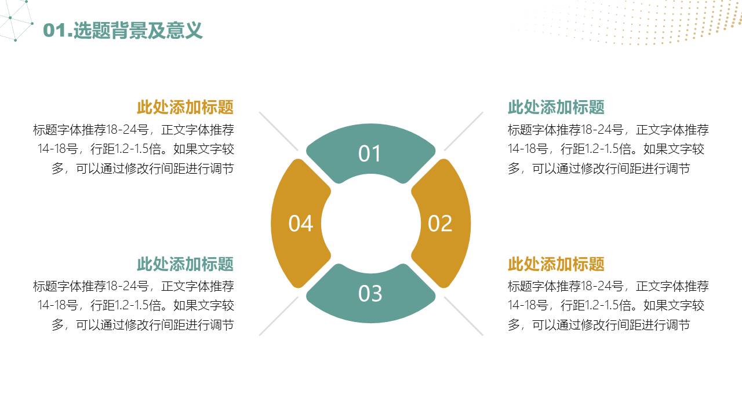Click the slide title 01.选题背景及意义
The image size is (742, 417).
[123, 30]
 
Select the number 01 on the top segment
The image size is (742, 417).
[370, 154]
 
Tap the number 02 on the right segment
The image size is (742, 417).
[439, 224]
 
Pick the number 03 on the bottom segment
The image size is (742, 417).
[370, 294]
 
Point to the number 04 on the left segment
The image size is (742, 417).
[301, 224]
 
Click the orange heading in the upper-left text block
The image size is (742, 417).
[185, 107]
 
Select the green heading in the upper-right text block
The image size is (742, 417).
[556, 107]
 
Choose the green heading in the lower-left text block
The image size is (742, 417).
[185, 264]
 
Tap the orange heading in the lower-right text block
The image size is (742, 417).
[556, 264]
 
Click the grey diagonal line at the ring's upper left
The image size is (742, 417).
[278, 131]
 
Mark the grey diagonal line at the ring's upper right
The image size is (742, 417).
[463, 131]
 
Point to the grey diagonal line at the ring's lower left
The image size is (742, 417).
[278, 316]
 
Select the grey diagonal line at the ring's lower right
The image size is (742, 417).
[463, 316]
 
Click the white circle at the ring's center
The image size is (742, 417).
[370, 224]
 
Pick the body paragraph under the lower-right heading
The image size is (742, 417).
[608, 305]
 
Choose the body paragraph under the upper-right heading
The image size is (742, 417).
[608, 149]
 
